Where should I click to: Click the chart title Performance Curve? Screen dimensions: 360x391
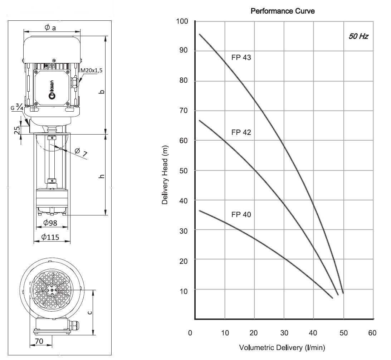(283, 11)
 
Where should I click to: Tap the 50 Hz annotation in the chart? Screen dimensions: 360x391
(358, 37)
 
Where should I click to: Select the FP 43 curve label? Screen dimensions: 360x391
(241, 57)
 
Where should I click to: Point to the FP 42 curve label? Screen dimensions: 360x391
(241, 132)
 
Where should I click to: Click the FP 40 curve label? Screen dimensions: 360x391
(241, 215)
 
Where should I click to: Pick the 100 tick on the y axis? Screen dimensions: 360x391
(182, 21)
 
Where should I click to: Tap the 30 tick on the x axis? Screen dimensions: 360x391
(284, 333)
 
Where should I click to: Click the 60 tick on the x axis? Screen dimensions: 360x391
(372, 333)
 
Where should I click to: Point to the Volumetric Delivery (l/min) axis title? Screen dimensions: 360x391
(282, 347)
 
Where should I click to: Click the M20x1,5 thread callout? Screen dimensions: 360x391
(92, 70)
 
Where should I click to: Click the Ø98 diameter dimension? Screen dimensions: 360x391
(50, 223)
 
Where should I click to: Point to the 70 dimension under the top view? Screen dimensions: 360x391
(39, 341)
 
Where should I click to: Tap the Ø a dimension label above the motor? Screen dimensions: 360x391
(50, 28)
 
